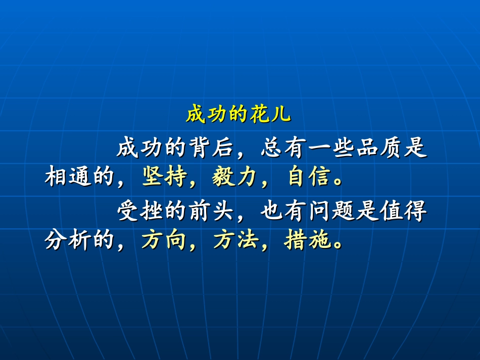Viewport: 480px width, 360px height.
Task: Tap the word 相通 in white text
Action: [x=68, y=177]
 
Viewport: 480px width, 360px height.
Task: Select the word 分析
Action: [x=68, y=241]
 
